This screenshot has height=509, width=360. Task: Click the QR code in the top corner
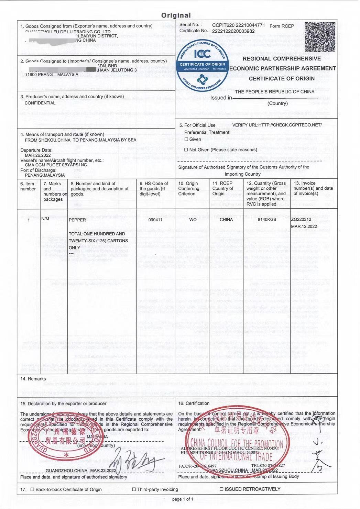[320, 37]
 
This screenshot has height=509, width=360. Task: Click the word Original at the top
[176, 15]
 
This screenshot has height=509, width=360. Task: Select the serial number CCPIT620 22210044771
[238, 25]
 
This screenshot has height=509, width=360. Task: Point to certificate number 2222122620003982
[233, 31]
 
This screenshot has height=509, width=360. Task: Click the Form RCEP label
[282, 26]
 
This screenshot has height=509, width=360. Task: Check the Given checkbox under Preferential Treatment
[186, 139]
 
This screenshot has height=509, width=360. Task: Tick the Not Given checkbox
[186, 150]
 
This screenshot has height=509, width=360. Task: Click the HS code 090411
[155, 220]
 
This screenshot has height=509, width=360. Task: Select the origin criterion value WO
[193, 220]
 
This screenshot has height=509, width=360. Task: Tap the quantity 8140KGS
[267, 219]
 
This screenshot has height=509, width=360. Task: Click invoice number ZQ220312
[301, 219]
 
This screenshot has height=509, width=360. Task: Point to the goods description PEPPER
[77, 220]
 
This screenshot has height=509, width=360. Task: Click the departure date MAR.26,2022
[37, 155]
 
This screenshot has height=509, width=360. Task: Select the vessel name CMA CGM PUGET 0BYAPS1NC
[56, 165]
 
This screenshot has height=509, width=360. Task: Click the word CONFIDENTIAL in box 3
[40, 103]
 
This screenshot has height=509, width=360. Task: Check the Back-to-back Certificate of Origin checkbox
[32, 489]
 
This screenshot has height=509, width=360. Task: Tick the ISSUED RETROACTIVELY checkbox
[221, 489]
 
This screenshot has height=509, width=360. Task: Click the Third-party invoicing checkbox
[134, 489]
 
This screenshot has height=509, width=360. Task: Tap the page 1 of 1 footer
[183, 499]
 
